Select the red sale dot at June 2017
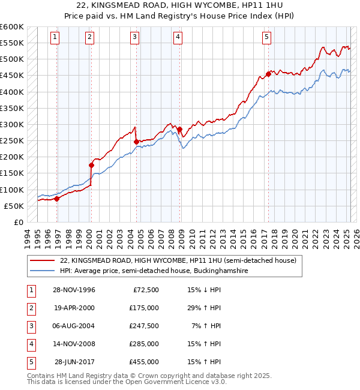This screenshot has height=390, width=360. pyautogui.click(x=268, y=75)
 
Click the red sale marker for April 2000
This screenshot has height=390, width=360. pyautogui.click(x=92, y=165)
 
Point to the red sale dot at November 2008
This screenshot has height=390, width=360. pyautogui.click(x=179, y=129)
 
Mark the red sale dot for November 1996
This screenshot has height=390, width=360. pyautogui.click(x=57, y=199)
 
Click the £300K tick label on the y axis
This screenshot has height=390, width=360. pyautogui.click(x=11, y=124)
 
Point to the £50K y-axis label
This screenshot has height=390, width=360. pyautogui.click(x=14, y=206)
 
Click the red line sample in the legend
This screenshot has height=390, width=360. pyautogui.click(x=42, y=261)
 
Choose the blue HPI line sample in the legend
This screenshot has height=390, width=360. pyautogui.click(x=42, y=271)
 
